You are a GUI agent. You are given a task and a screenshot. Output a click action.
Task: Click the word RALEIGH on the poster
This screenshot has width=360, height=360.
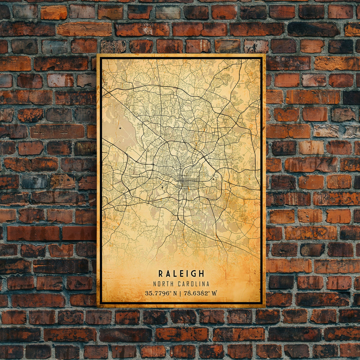(181, 273)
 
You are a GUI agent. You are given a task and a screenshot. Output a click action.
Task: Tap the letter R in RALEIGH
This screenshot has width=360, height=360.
(160, 273)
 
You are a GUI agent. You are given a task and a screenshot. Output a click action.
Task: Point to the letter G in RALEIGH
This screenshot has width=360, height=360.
(195, 273)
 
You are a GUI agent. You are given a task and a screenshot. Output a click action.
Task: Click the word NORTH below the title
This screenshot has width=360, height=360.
(162, 284)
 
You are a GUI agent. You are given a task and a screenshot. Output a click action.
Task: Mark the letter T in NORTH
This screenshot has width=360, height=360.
(167, 284)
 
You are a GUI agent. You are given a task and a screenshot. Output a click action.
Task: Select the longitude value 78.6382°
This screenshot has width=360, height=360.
(197, 293)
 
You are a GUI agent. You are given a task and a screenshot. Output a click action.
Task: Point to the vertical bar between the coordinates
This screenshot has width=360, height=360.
(181, 293)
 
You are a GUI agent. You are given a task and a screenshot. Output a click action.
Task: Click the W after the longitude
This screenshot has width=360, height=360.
(214, 293)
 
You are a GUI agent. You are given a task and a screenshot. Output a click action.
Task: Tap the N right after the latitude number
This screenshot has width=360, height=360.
(175, 293)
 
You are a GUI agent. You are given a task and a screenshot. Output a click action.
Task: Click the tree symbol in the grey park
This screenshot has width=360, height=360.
(120, 129)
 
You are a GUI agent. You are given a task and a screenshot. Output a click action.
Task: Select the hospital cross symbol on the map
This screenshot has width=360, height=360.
(213, 179)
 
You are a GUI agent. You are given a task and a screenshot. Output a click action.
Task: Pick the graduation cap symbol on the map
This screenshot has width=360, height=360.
(162, 187)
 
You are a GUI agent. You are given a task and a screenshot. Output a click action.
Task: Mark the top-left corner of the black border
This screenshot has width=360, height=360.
(101, 58)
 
